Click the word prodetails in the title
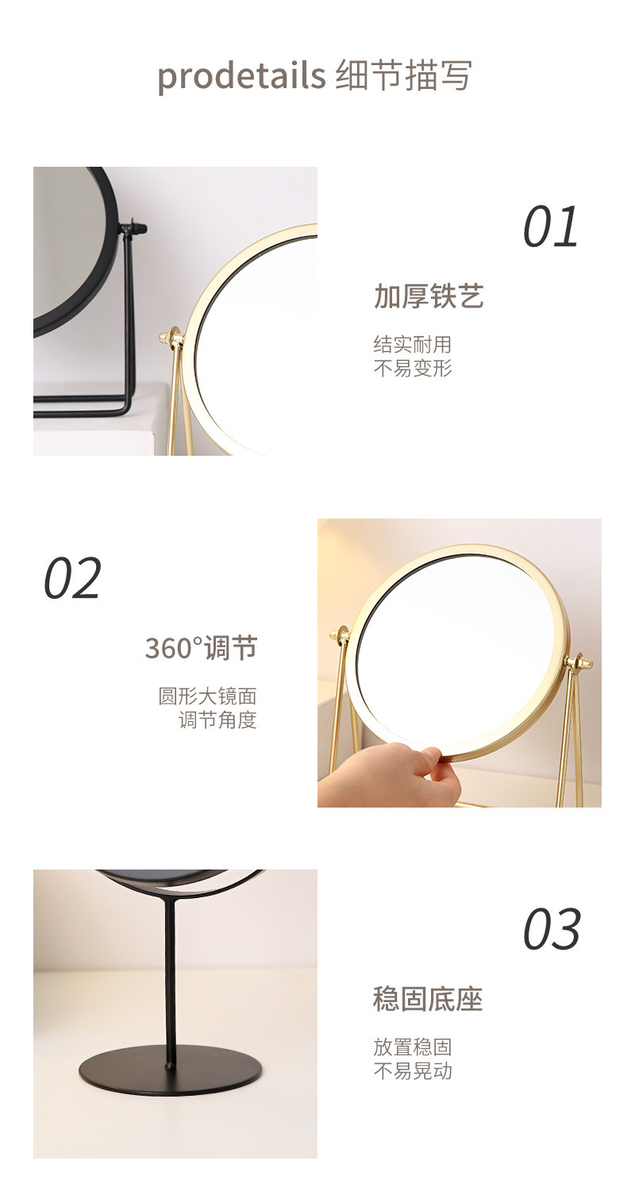[x=241, y=76]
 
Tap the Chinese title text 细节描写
[x=404, y=75]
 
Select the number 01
[x=551, y=227]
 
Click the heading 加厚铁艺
[x=429, y=296]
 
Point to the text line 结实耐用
[x=412, y=345]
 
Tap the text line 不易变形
[x=412, y=368]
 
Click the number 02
[x=72, y=578]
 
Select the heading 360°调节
[x=202, y=648]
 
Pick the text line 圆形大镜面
[x=208, y=696]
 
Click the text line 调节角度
[x=218, y=720]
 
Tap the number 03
[x=552, y=930]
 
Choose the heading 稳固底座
[x=428, y=1000]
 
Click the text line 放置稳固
[x=412, y=1047]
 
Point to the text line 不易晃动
[x=412, y=1071]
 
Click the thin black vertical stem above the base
[x=170, y=983]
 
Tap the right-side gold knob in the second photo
[x=579, y=662]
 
